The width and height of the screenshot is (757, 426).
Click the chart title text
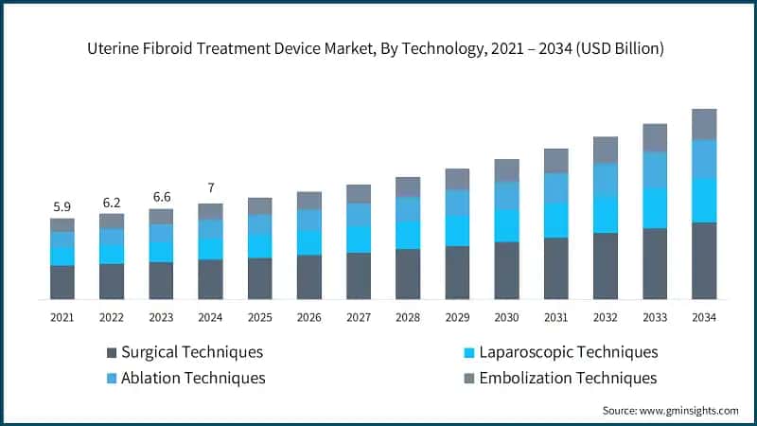(x=378, y=48)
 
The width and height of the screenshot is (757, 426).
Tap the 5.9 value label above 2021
(x=62, y=205)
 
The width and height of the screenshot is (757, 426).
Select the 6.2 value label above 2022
(x=111, y=202)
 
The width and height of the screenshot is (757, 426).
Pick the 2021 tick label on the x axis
(x=62, y=317)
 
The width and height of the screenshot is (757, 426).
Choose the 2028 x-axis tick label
(x=407, y=317)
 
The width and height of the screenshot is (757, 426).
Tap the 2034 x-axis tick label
(x=703, y=317)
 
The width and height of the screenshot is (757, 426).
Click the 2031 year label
(x=555, y=317)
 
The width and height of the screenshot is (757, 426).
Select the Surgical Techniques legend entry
(x=185, y=352)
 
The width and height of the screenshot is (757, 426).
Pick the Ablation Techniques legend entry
(x=185, y=378)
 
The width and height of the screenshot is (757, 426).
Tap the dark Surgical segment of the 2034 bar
(x=703, y=260)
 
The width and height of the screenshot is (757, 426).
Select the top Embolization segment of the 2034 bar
(x=703, y=124)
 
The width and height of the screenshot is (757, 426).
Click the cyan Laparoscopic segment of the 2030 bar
(x=506, y=225)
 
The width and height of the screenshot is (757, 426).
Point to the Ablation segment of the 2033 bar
(x=655, y=169)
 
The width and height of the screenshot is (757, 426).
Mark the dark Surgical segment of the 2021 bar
(x=62, y=282)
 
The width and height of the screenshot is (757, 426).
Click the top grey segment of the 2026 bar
(x=308, y=200)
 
